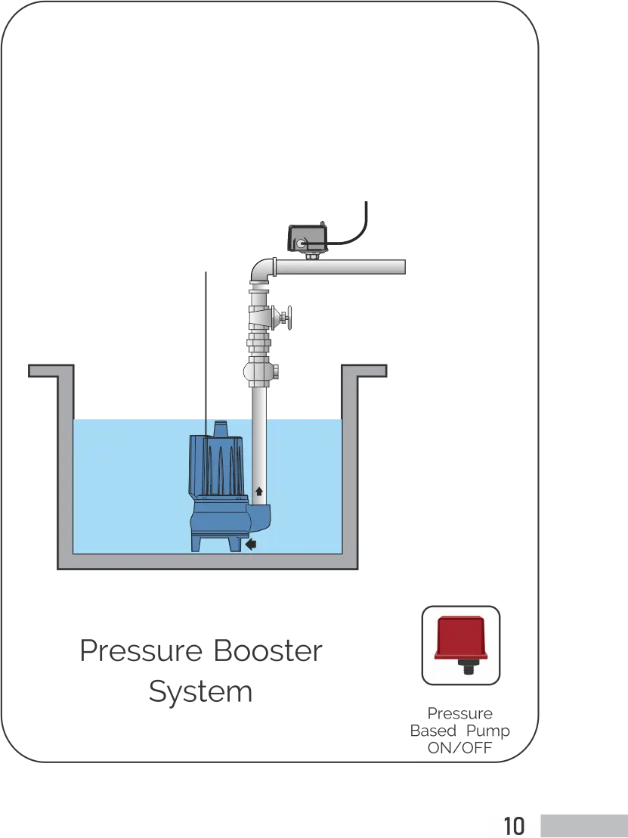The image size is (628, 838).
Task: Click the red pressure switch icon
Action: [459, 644]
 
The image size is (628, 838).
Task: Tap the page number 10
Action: [513, 825]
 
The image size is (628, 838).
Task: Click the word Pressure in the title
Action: [138, 652]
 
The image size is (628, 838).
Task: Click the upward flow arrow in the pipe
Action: [259, 492]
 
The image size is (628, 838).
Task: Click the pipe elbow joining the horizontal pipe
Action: [261, 270]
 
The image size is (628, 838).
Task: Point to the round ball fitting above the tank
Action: [259, 372]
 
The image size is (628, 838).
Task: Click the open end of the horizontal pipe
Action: [405, 267]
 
